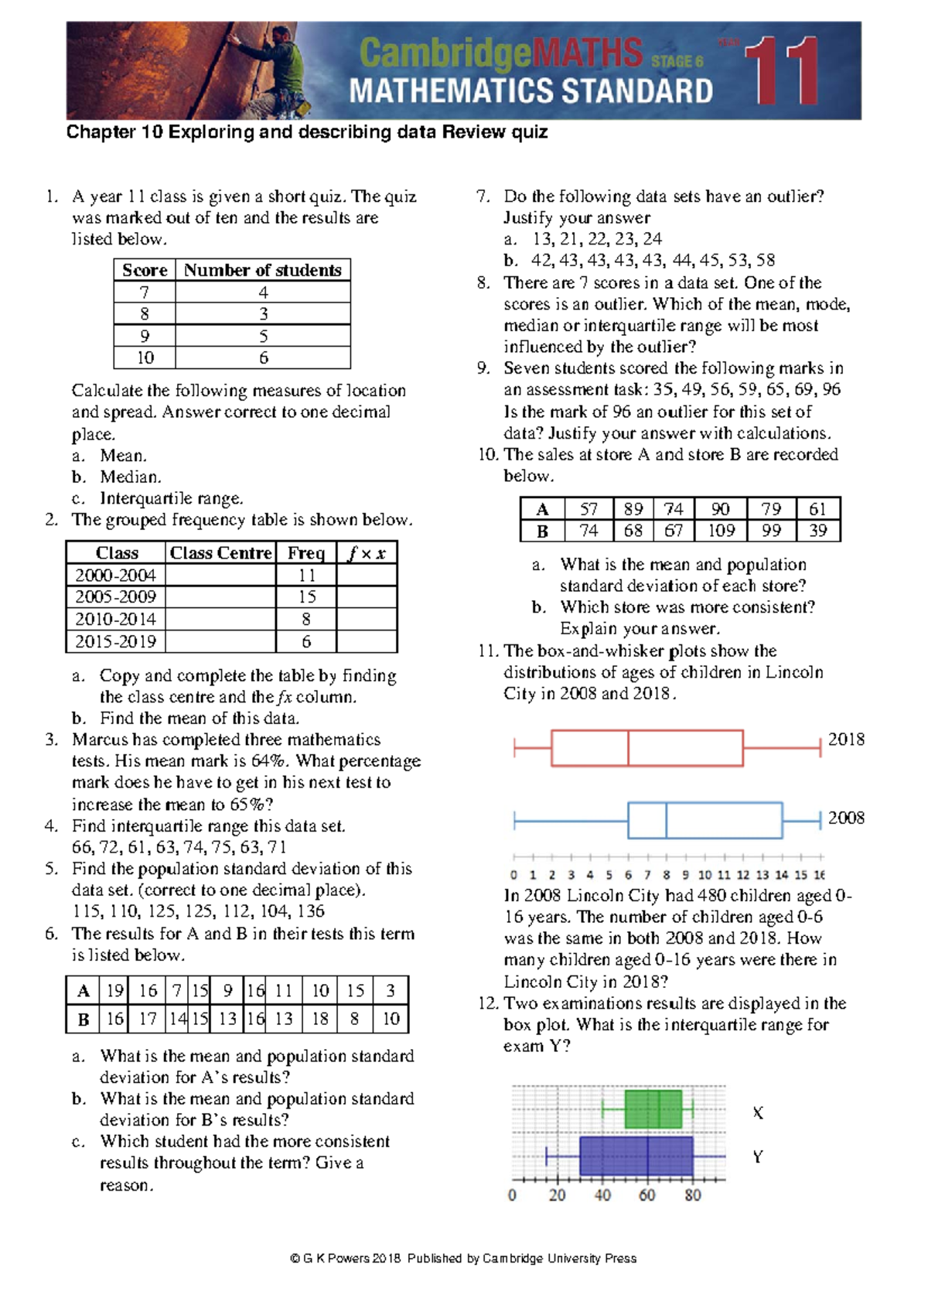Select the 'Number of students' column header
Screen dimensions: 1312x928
[262, 270]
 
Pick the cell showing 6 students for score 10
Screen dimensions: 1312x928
[263, 357]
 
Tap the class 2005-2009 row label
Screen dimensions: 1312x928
[115, 596]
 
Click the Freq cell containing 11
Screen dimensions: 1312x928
[306, 575]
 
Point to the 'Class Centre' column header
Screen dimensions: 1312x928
[220, 552]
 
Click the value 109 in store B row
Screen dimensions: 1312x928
[721, 531]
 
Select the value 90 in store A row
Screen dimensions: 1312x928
[720, 508]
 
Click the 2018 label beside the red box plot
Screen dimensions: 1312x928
[846, 740]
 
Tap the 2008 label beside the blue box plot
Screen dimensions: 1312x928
[846, 818]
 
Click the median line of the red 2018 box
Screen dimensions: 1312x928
[628, 748]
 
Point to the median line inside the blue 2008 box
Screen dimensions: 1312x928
[666, 821]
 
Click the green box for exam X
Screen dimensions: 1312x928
[653, 1109]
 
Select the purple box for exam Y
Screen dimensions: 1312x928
[636, 1156]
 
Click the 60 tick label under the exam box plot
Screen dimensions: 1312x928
[647, 1195]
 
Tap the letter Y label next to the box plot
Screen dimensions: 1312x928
[758, 1157]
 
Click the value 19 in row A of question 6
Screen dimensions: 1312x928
[115, 991]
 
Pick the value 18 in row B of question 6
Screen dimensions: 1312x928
[320, 1019]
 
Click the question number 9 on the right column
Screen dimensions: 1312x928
[483, 368]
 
